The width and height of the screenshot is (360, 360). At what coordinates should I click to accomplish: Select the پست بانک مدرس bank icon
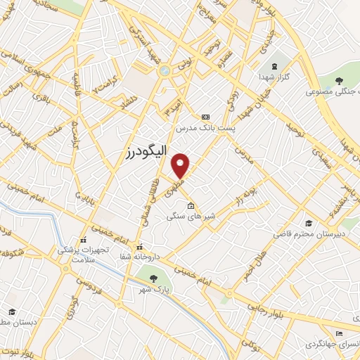[x=205, y=117]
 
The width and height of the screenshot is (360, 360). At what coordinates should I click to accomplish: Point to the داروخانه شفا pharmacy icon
[x=140, y=247]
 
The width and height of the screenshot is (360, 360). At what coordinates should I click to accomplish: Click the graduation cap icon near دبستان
[x=12, y=311]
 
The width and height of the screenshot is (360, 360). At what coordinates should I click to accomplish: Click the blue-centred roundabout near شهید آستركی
[x=165, y=70]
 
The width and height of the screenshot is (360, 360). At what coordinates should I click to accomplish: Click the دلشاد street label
[x=127, y=102]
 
